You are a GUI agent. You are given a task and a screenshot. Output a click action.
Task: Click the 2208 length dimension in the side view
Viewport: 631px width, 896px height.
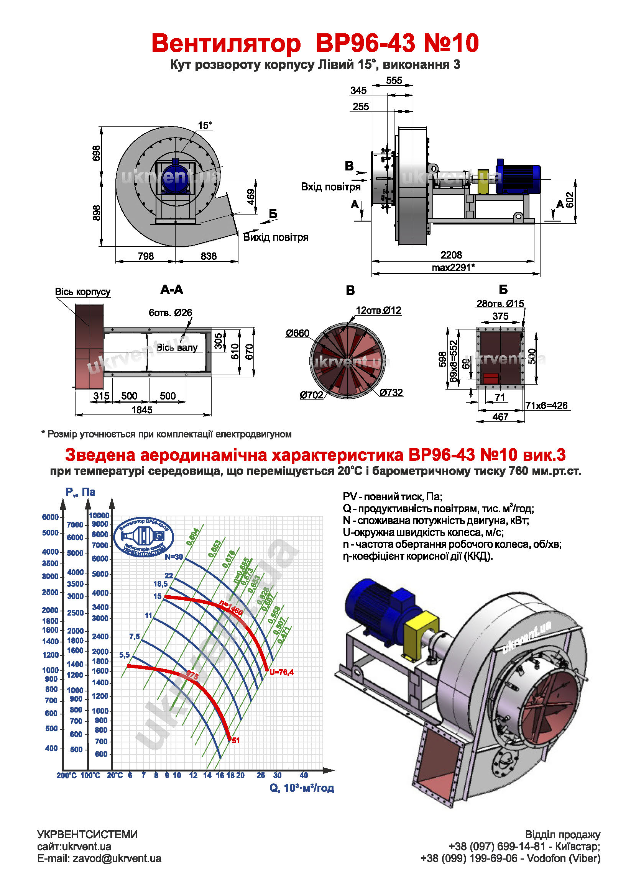(451, 255)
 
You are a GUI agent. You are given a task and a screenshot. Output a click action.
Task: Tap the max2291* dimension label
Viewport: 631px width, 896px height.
(453, 267)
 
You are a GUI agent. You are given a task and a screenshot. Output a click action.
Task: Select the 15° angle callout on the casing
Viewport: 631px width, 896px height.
(205, 126)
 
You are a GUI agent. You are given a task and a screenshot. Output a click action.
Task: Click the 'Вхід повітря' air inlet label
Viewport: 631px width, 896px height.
(330, 187)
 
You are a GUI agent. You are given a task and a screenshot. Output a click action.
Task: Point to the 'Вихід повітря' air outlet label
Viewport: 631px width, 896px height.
(276, 237)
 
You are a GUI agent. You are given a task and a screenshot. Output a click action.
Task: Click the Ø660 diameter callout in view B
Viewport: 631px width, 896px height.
(297, 333)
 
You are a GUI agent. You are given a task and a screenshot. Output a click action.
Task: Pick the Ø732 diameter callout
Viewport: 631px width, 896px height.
(391, 393)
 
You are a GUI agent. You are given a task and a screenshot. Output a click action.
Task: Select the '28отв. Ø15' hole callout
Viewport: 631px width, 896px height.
(500, 304)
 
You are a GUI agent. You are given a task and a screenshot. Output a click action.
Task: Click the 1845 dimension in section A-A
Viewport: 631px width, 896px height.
(142, 410)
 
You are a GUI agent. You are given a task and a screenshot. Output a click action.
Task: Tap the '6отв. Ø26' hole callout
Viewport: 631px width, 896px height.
(170, 313)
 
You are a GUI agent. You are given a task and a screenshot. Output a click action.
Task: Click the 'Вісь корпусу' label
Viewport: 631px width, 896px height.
(82, 292)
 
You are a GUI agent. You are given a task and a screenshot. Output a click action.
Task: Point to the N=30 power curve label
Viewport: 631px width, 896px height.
(174, 557)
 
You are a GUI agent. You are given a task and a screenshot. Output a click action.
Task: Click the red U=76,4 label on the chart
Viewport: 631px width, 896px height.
(281, 672)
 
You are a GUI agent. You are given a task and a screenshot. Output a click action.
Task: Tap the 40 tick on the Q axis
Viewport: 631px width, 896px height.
(304, 775)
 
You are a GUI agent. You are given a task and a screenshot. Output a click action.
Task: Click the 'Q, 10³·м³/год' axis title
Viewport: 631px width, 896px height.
(301, 788)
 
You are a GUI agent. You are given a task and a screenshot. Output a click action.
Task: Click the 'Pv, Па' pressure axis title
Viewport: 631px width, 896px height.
(81, 492)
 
